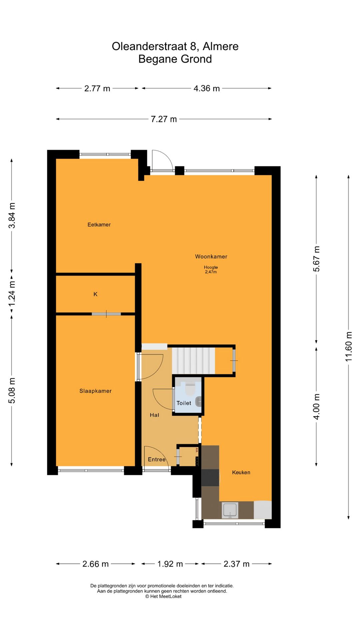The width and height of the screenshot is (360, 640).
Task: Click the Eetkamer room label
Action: tap(99, 225)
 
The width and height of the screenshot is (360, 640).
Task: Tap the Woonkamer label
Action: tap(211, 256)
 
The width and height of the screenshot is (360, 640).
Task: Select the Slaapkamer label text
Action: tap(95, 391)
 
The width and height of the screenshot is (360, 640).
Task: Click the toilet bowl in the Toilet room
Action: tap(190, 389)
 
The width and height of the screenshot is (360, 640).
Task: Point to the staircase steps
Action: tap(193, 361)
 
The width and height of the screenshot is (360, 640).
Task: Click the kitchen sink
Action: tap(230, 510)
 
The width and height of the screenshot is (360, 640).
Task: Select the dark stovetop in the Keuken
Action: tap(210, 477)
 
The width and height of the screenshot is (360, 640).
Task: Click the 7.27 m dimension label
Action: tap(164, 119)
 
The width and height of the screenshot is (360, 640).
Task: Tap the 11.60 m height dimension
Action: tap(348, 347)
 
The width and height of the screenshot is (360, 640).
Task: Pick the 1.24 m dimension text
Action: tap(12, 294)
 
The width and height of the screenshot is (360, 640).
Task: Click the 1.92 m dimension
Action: tap(170, 564)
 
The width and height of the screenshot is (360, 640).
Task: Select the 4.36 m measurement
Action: tap(207, 88)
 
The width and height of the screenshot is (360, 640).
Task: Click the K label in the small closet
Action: tap(95, 294)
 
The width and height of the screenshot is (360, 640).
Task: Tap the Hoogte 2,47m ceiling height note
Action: tap(211, 269)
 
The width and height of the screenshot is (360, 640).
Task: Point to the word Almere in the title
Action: tap(220, 46)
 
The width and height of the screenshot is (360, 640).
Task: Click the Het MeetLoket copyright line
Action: tap(163, 596)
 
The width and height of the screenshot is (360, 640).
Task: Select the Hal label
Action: tap(154, 415)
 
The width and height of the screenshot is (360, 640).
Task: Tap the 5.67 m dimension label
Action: tap(316, 259)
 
